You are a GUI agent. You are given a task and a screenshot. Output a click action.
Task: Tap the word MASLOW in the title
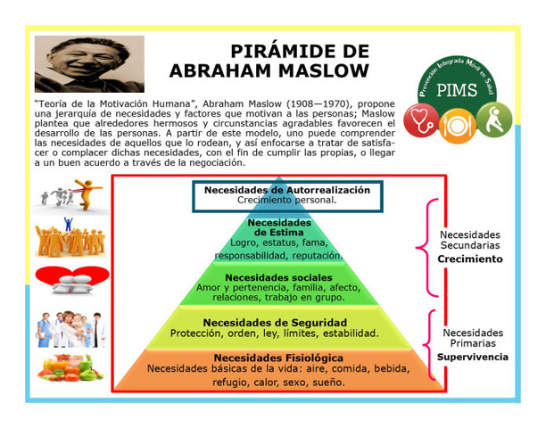point(319,70)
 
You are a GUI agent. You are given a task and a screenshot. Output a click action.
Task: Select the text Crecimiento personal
point(287,201)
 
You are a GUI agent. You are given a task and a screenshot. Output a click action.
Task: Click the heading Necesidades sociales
point(278,277)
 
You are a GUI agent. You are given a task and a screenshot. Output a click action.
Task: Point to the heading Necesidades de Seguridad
point(275,322)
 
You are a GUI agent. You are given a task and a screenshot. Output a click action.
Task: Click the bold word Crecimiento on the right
point(469,259)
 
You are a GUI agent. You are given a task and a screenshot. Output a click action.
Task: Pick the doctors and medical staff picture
point(70,329)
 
